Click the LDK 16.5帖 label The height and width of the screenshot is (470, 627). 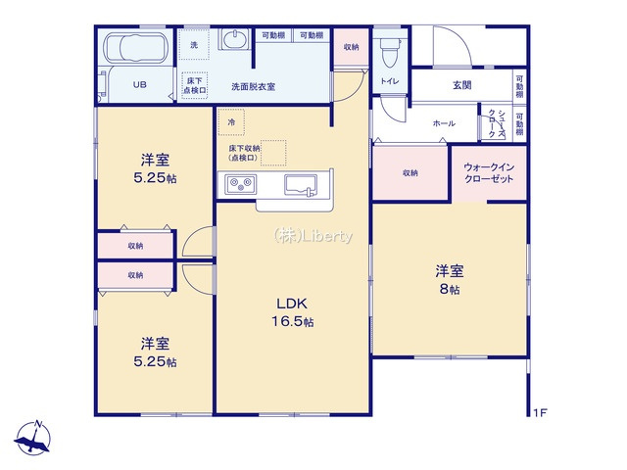pyautogui.click(x=294, y=312)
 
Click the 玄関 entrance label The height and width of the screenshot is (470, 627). pyautogui.click(x=461, y=85)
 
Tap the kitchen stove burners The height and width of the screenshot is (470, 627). pyautogui.click(x=241, y=183)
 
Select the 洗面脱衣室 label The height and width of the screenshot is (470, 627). pyautogui.click(x=253, y=87)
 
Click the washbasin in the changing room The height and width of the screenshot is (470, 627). pyautogui.click(x=236, y=41)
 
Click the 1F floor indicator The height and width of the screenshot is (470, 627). pyautogui.click(x=540, y=413)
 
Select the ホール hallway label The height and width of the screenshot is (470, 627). pyautogui.click(x=443, y=123)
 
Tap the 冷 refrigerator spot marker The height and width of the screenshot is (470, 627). pyautogui.click(x=231, y=122)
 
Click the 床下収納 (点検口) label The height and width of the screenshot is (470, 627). pyautogui.click(x=243, y=153)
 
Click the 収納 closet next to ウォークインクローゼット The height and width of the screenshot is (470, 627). pyautogui.click(x=410, y=172)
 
